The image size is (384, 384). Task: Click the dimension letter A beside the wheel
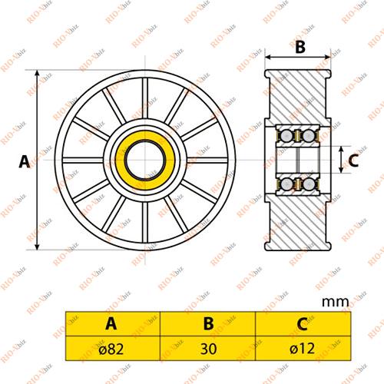coord(24,161)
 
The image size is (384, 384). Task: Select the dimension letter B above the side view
coord(300,47)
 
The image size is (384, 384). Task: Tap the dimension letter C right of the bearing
coord(353,161)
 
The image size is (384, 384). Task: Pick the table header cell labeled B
coord(207,323)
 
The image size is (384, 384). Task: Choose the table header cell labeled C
coord(302,323)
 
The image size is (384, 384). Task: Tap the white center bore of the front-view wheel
coord(144,160)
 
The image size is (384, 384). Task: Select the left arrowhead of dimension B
coord(270,57)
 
